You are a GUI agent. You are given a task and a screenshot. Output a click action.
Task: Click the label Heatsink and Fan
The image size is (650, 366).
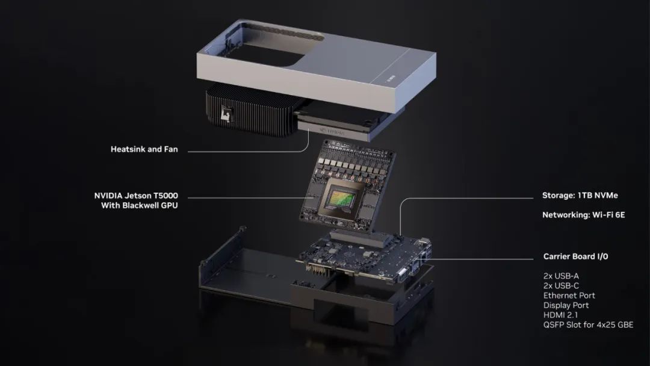pos(144,149)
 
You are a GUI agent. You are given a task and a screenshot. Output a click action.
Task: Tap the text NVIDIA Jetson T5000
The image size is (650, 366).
pos(135,196)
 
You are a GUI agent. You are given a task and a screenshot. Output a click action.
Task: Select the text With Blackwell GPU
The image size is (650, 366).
pos(139,205)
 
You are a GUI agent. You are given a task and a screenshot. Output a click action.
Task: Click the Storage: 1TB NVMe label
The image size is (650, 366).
pos(580,195)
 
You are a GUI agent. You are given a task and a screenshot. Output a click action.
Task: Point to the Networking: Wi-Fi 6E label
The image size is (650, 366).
pos(583,214)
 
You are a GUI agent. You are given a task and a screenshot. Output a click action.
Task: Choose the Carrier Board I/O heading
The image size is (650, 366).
pos(575,256)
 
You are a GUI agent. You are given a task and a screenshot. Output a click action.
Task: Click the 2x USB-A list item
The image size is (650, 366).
pos(561,276)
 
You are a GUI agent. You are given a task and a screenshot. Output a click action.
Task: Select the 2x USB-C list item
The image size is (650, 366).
pos(561,285)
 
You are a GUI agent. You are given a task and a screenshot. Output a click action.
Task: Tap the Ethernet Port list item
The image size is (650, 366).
pos(569,296)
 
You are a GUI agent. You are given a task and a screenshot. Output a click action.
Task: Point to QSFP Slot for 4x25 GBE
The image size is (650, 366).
pos(587,325)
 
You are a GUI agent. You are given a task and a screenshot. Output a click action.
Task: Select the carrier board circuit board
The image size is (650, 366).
pos(361,256)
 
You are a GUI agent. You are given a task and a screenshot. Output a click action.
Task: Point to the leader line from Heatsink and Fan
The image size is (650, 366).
pos(241,149)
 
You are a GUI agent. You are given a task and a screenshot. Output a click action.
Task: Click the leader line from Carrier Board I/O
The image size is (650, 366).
pos(481,259)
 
